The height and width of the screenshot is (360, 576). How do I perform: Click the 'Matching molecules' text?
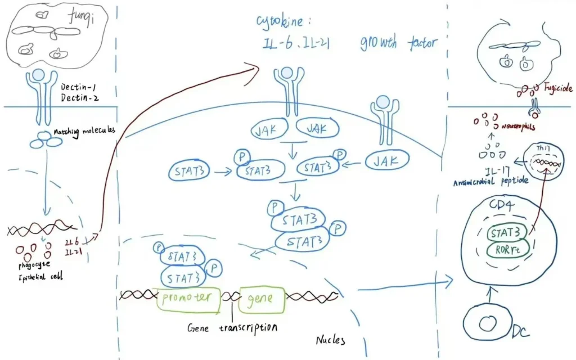(84, 132)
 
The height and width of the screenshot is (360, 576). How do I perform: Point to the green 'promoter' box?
(188, 296)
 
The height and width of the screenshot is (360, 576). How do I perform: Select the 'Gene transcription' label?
(232, 326)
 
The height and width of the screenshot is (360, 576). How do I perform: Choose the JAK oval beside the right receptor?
(387, 161)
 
